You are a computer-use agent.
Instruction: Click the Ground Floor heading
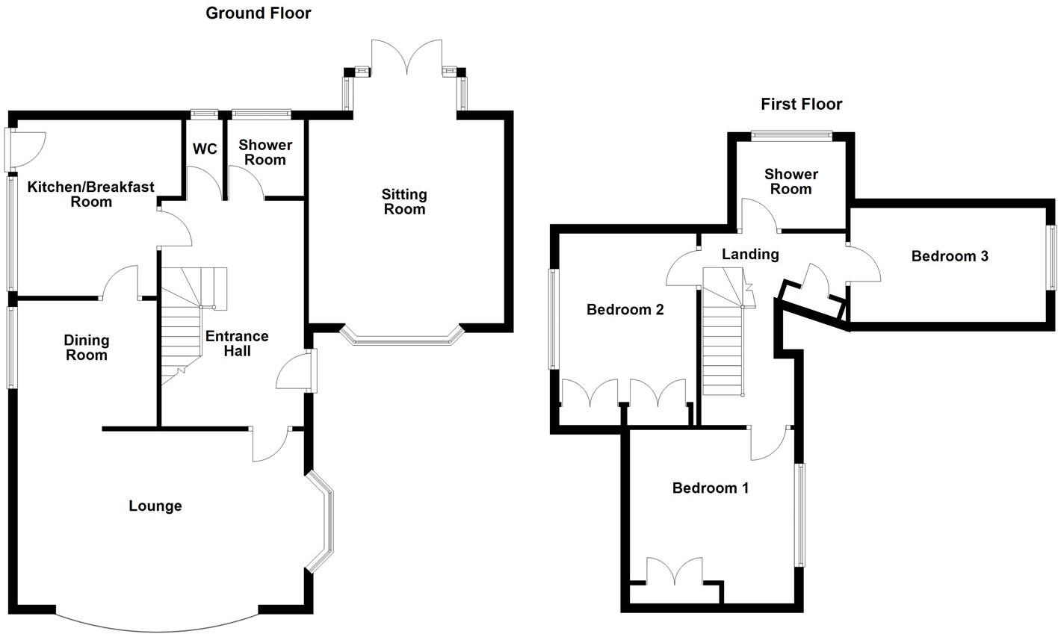pos(258,13)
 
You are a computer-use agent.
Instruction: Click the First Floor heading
pos(801,104)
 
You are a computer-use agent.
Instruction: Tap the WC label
pos(205,149)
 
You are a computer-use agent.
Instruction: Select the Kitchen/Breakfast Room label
pos(90,194)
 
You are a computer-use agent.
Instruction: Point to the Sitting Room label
pos(404,202)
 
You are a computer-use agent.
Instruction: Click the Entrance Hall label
pos(237,344)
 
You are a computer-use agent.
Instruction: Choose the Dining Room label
pos(86,347)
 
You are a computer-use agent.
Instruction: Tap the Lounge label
pos(155,506)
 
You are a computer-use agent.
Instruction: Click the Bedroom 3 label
pos(950,256)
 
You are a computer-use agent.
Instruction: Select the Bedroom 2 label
pos(625,309)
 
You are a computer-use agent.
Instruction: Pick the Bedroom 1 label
pos(710,488)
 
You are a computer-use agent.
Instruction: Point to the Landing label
pos(750,254)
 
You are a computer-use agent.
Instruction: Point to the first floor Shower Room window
pos(791,135)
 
